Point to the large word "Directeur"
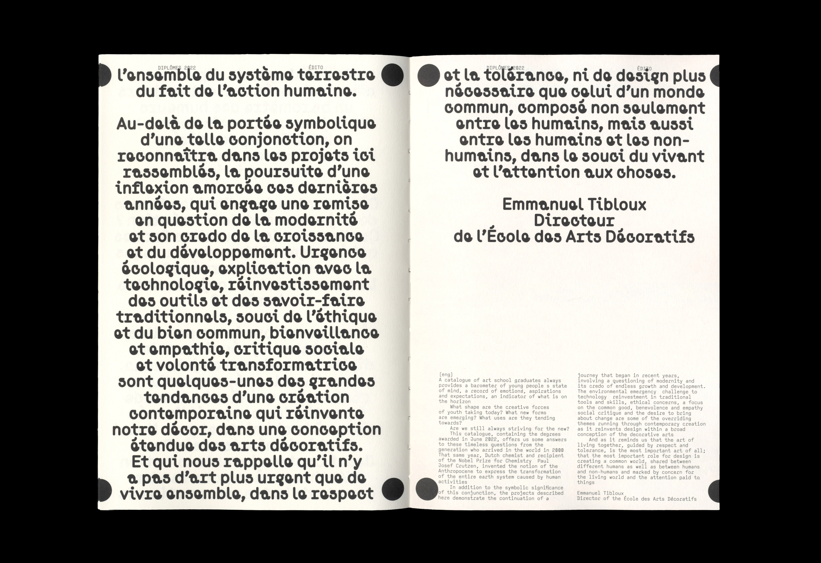coord(574,221)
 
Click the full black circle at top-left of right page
coord(428,75)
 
